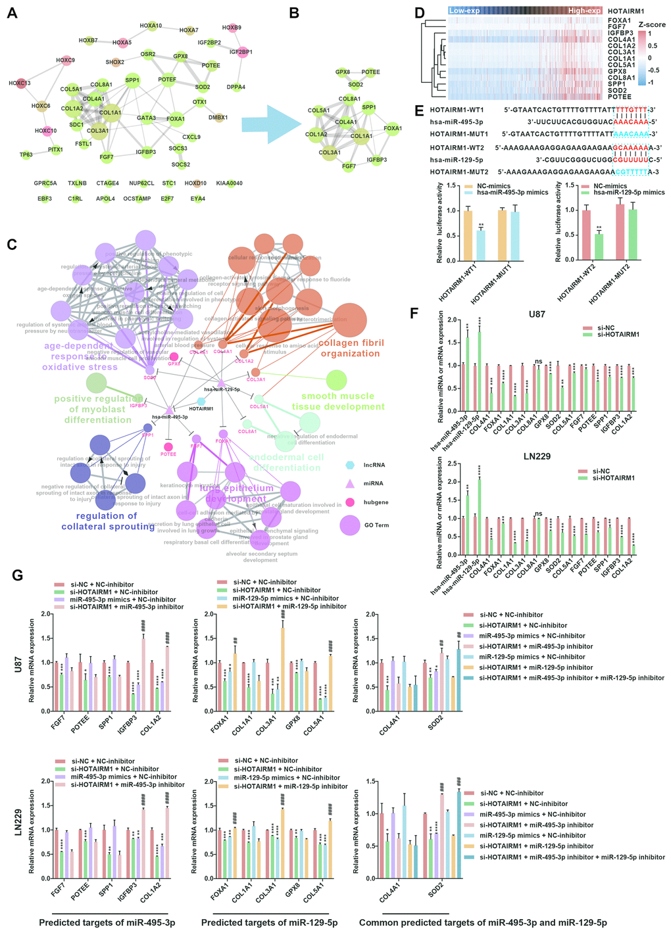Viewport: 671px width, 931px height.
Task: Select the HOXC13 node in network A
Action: [x=20, y=84]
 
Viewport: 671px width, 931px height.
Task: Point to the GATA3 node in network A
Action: [x=146, y=118]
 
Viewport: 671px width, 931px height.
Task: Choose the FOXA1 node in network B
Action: [x=393, y=129]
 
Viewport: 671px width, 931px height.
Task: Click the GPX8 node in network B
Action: [x=342, y=72]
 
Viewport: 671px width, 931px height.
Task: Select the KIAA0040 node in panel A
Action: [x=230, y=183]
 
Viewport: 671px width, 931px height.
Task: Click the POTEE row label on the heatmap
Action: [x=619, y=97]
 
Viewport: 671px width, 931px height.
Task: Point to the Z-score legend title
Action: [x=651, y=25]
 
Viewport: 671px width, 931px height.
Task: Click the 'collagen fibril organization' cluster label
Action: [x=350, y=348]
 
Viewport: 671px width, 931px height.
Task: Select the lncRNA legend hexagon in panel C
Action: [x=351, y=465]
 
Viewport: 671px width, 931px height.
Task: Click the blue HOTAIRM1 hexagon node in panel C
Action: [x=201, y=401]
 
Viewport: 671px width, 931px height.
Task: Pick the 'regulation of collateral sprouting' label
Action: [x=108, y=521]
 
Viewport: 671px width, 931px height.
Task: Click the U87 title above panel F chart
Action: [x=537, y=314]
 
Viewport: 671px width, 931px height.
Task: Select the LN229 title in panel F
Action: [x=537, y=456]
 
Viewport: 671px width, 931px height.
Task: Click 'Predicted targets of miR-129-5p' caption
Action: [x=269, y=922]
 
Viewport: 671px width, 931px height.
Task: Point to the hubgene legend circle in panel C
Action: [x=351, y=502]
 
